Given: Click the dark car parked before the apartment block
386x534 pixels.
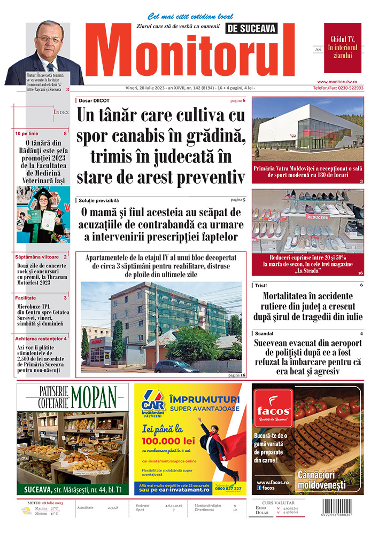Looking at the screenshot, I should [176, 366].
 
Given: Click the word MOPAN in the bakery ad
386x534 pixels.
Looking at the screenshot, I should [92, 397].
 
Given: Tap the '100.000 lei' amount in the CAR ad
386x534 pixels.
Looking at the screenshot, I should [170, 442].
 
